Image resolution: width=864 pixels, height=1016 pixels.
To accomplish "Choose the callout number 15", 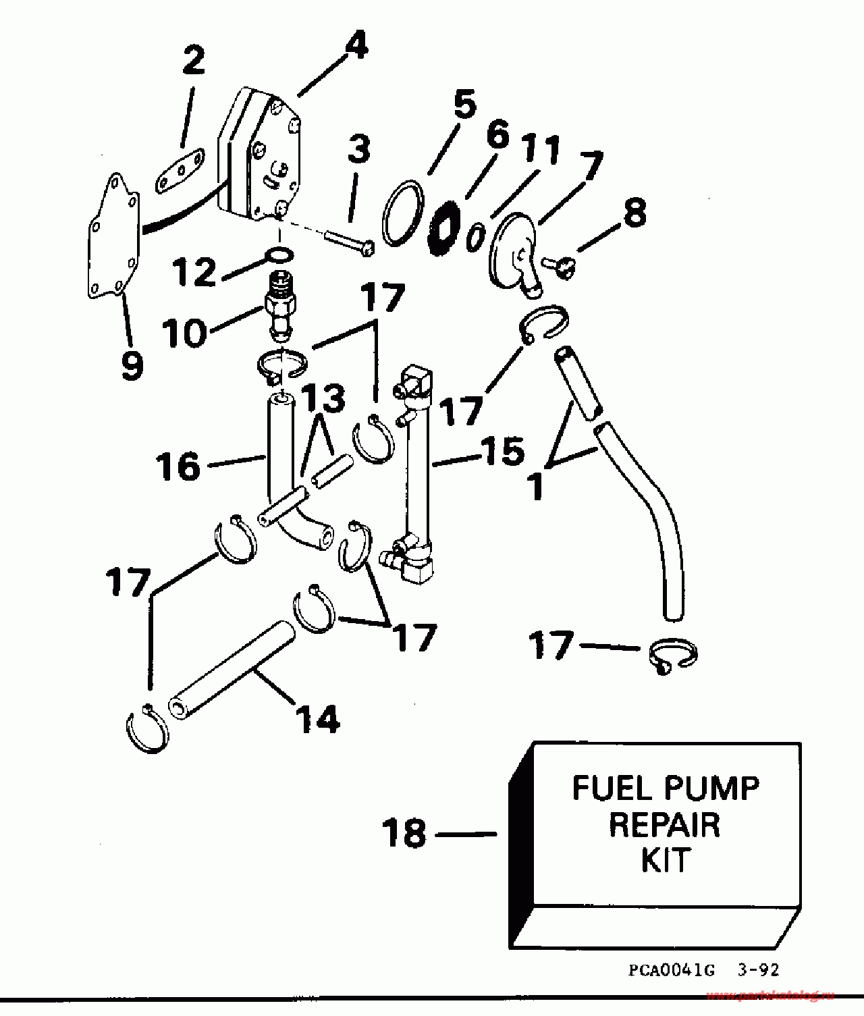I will (x=503, y=451).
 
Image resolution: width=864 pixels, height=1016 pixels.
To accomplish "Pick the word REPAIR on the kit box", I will (x=665, y=825).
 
